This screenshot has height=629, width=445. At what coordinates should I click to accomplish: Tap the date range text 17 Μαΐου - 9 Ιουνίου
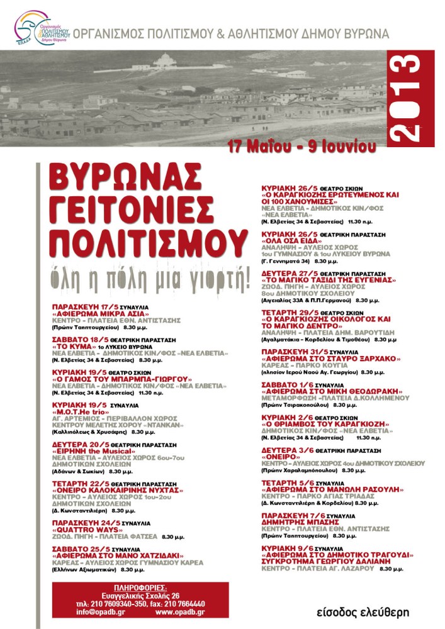(303, 147)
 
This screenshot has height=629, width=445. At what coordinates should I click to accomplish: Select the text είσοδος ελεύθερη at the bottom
(364, 612)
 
